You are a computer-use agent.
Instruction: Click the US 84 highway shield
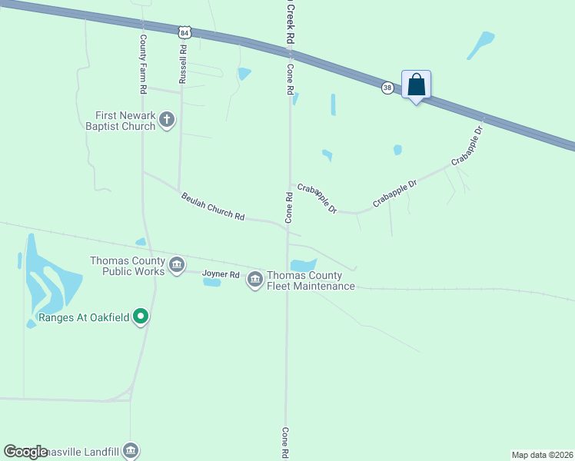click(183, 32)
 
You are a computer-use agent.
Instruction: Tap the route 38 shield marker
click(387, 88)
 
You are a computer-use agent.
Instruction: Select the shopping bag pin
click(416, 85)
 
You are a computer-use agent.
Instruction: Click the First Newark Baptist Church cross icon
click(167, 119)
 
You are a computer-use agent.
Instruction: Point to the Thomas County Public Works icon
click(177, 265)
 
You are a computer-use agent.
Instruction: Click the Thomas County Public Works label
click(128, 265)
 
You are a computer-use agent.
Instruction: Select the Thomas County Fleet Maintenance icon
click(255, 280)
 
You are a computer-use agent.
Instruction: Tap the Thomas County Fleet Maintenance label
click(311, 281)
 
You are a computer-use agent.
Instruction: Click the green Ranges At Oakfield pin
click(140, 316)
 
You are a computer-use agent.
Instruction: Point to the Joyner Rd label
click(221, 274)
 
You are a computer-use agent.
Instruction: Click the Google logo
click(26, 452)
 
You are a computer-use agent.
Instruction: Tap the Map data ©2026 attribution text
click(543, 455)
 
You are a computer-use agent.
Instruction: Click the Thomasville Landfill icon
click(130, 449)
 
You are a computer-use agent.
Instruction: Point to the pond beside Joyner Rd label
click(211, 283)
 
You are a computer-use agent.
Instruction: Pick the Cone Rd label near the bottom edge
click(285, 443)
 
